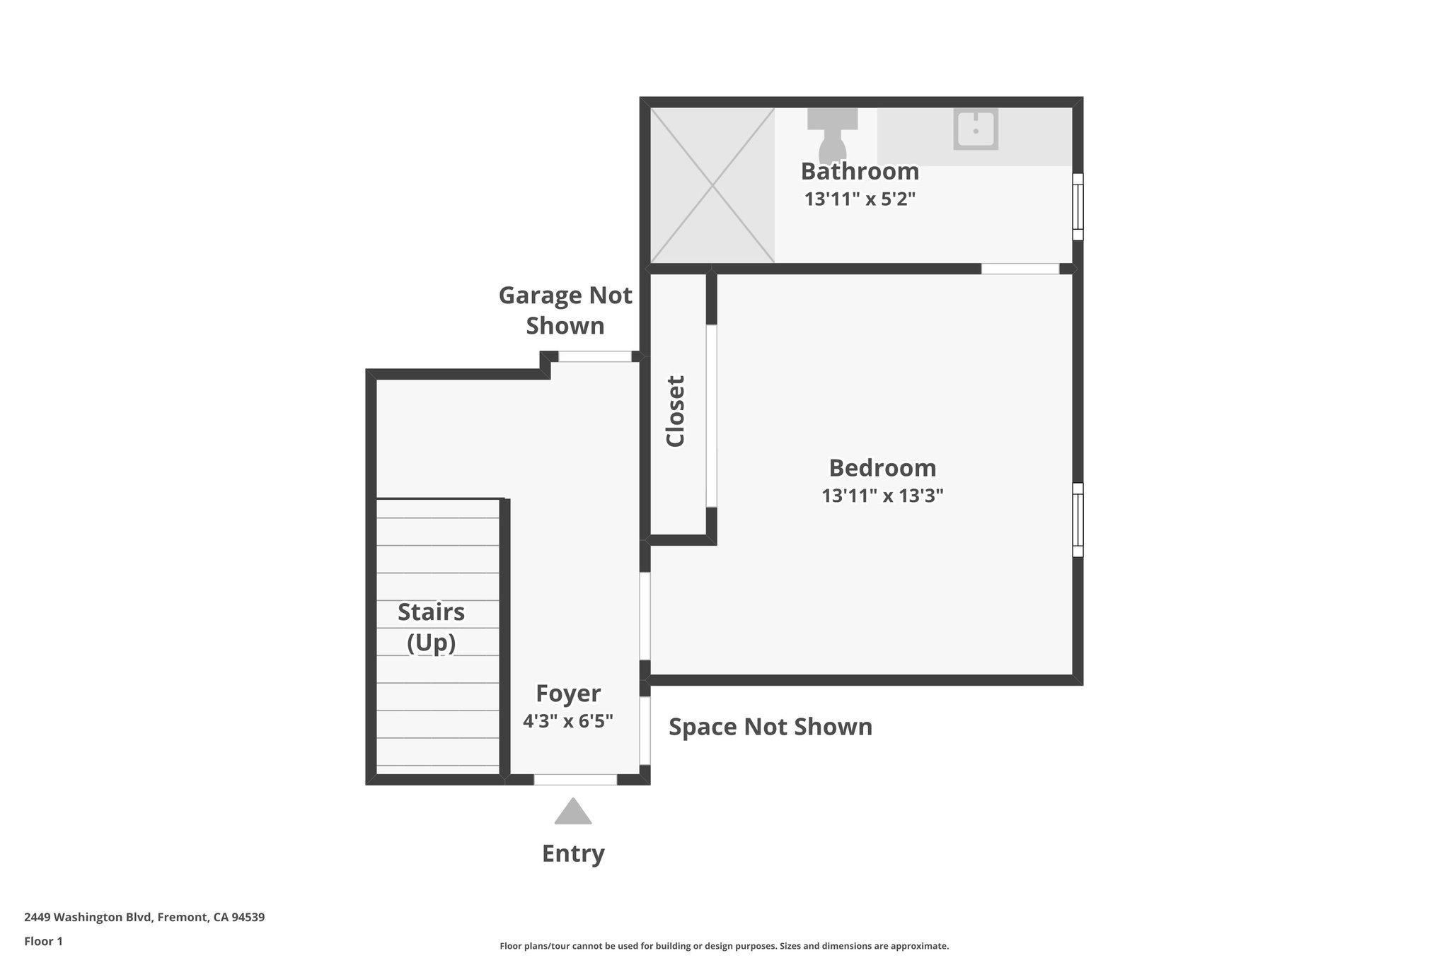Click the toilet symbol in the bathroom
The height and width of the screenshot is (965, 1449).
point(832,134)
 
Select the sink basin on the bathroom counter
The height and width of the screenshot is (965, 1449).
point(976,129)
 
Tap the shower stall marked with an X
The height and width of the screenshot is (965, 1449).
point(712,185)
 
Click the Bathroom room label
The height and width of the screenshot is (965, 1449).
point(860,171)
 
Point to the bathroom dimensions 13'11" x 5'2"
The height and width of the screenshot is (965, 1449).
point(860,199)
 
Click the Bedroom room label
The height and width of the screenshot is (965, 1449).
point(882,468)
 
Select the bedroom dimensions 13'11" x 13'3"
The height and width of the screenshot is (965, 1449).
point(882,496)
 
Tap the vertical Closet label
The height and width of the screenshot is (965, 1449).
point(676,411)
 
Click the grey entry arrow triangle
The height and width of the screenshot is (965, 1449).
point(573,812)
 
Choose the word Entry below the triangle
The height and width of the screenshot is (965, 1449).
point(573,853)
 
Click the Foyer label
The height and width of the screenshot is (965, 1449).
point(568,694)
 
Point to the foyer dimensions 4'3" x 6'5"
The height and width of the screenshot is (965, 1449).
point(568,721)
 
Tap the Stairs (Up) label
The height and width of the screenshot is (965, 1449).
point(431,627)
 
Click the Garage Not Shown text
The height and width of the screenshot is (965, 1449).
point(565,310)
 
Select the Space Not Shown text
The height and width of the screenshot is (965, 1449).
point(770,727)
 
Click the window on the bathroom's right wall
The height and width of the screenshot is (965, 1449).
point(1078,206)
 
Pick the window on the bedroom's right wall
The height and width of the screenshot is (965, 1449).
point(1078,520)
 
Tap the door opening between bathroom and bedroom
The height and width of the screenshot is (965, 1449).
point(1020,269)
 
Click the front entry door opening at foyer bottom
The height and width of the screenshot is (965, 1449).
point(575,779)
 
